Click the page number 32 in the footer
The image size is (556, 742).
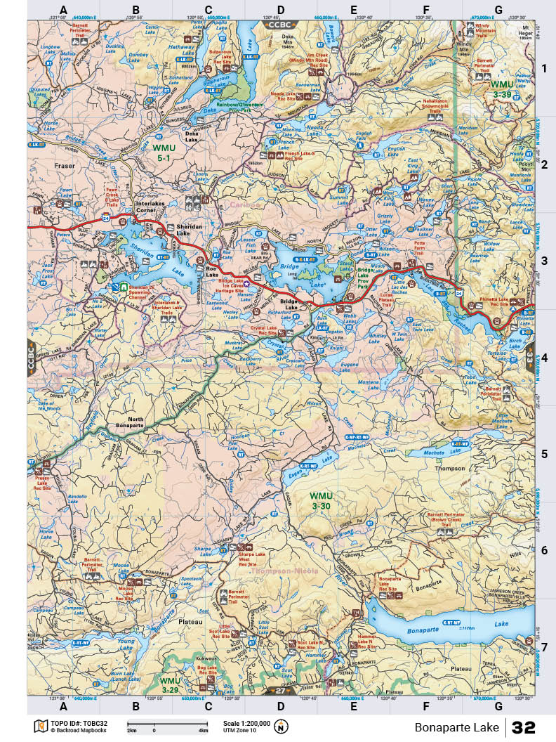[524, 727]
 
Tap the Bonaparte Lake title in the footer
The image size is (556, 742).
[456, 727]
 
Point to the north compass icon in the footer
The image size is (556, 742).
[282, 726]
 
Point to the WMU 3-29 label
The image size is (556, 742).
[169, 684]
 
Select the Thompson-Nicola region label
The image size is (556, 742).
[284, 571]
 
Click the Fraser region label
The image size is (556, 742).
[64, 166]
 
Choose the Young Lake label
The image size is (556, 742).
[126, 641]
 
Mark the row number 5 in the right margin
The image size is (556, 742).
[543, 454]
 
